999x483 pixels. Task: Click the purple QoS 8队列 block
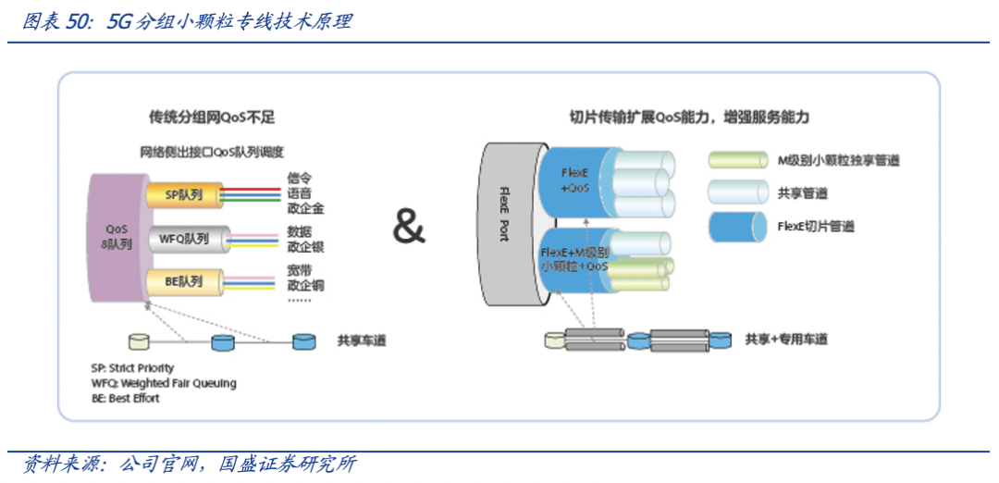pos(117,236)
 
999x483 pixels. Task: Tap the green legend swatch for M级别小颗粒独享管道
pos(736,160)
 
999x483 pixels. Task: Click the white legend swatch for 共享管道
pos(736,192)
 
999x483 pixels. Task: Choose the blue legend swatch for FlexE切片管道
pos(736,225)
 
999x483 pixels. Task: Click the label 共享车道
pos(362,341)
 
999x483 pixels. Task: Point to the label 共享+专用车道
pos(786,340)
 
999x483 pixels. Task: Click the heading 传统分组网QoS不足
pos(212,118)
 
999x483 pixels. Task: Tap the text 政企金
pos(305,208)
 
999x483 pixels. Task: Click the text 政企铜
pos(305,285)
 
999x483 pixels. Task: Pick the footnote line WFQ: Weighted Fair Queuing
pos(164,383)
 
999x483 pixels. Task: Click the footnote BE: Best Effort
pos(126,398)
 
